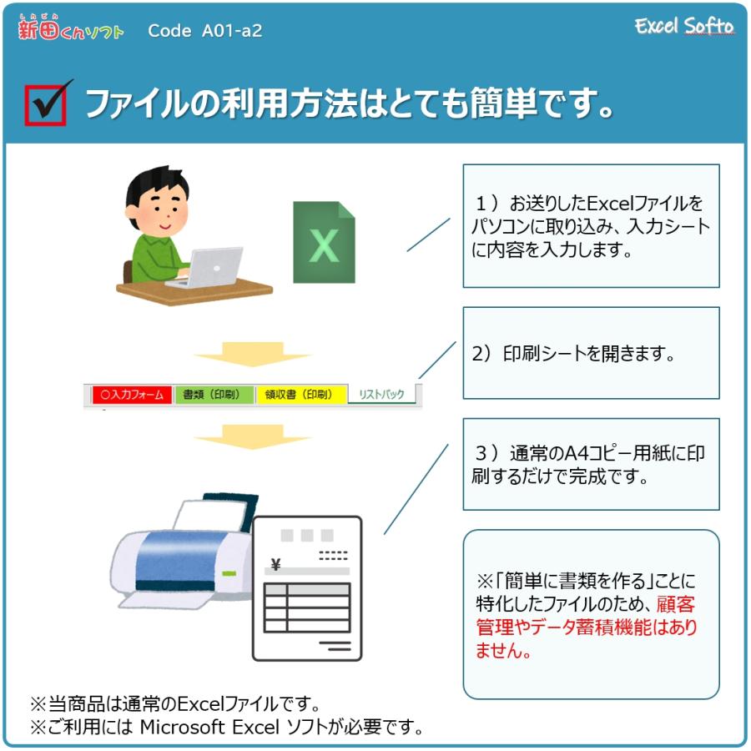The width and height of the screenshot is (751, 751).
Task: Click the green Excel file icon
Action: coord(324,242)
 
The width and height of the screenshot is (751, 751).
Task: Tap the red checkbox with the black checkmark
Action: coord(46,105)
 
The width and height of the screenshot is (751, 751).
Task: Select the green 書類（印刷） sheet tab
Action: coord(214,395)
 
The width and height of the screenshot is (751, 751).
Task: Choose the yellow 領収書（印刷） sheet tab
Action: coord(299,395)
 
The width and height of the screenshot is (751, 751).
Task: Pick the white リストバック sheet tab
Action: coord(381,395)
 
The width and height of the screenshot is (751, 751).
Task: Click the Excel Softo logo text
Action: coord(683,27)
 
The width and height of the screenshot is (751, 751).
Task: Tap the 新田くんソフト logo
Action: coord(70,29)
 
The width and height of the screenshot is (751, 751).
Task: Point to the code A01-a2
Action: coord(204,32)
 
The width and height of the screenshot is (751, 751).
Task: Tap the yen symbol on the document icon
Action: coord(276,564)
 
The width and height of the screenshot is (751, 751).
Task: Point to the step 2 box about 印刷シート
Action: coord(591,353)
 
